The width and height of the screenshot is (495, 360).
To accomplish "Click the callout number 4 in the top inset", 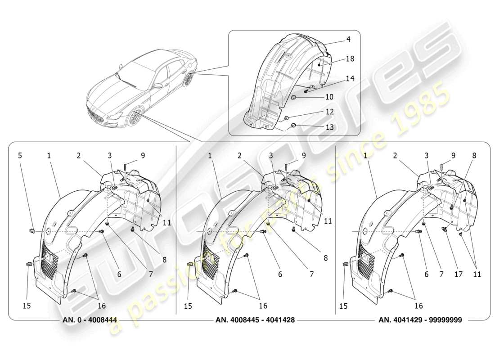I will [x=348, y=40].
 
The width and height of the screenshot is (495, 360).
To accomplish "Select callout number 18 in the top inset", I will [x=350, y=59].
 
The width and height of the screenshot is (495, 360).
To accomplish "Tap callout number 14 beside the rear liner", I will [x=350, y=78].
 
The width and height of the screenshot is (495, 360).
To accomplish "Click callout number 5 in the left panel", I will [x=20, y=156].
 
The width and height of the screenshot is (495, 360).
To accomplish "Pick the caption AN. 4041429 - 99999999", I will [x=420, y=320].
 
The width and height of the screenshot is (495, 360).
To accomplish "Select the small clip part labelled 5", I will [x=32, y=231].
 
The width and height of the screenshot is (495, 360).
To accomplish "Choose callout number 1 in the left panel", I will [x=49, y=156].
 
